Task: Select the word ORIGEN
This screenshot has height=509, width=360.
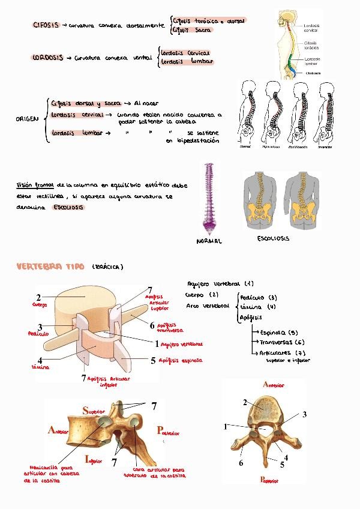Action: (27, 119)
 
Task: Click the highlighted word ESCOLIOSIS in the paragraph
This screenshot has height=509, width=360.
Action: (69, 207)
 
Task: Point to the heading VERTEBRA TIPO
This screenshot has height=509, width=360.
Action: (51, 267)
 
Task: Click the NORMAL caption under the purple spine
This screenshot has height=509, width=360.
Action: (209, 241)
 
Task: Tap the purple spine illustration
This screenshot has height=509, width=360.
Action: (208, 197)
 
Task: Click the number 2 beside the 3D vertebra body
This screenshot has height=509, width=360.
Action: (38, 297)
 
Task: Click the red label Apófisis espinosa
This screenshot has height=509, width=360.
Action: (180, 361)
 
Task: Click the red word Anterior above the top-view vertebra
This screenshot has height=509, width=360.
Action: (273, 384)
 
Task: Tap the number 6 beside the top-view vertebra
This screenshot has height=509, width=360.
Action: (241, 463)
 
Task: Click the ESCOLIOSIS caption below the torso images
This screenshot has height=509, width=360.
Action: (273, 238)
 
